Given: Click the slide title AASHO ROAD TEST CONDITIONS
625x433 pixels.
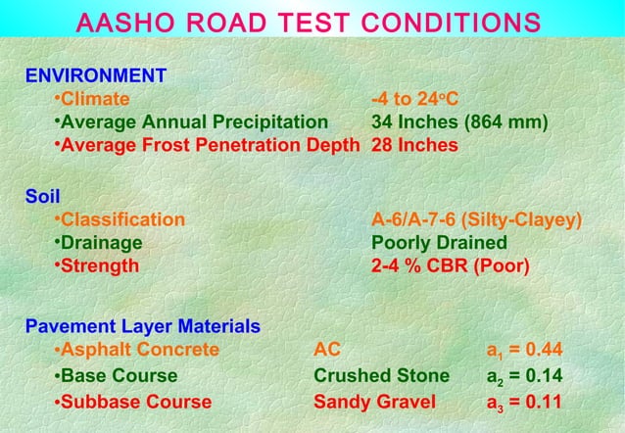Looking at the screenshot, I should tap(321, 23).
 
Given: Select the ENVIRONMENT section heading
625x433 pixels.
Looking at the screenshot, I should tap(95, 75).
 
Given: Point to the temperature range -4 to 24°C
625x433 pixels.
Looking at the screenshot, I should tap(423, 99).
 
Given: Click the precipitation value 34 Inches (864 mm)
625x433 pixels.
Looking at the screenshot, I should tap(459, 122).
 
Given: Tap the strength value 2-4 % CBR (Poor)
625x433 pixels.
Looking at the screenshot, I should tap(450, 265).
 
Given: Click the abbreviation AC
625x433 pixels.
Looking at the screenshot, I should tap(327, 350).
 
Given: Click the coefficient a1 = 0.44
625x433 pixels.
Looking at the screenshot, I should tap(524, 351).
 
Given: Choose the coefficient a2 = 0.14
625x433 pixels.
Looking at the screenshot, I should tap(524, 377).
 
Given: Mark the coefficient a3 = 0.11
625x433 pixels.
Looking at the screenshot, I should tap(524, 403).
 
